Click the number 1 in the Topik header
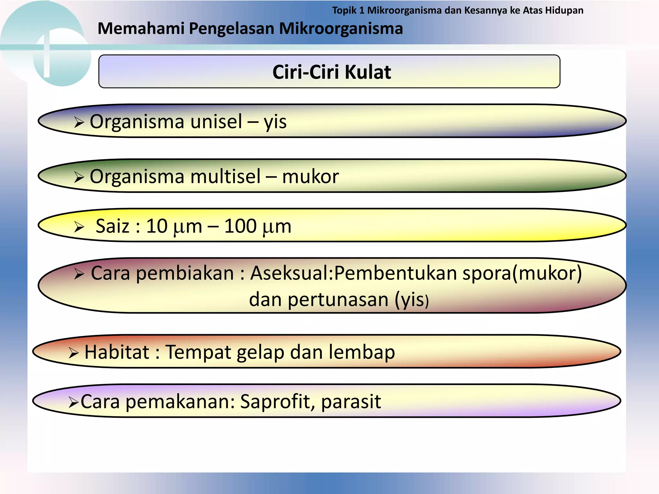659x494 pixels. [x=362, y=11]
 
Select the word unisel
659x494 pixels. [x=216, y=122]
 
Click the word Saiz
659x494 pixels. [x=112, y=226]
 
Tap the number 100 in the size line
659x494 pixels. [x=240, y=226]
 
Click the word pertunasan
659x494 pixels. [x=339, y=299]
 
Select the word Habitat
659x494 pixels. [x=117, y=352]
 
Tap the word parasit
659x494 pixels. [x=351, y=402]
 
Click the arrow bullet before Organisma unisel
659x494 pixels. [x=79, y=122]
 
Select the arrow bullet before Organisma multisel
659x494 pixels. [x=79, y=177]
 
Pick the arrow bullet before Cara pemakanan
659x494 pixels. [x=73, y=402]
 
